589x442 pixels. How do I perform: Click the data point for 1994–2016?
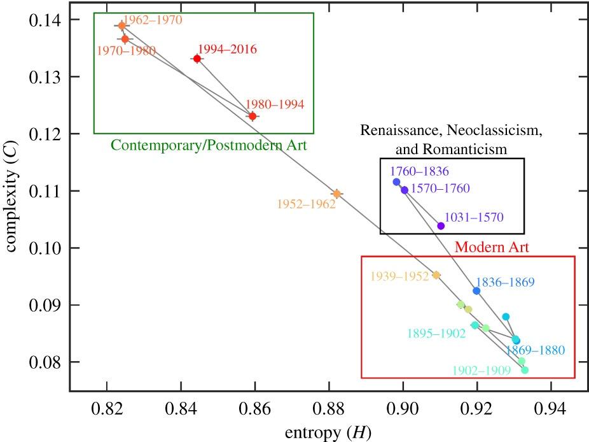pyautogui.click(x=197, y=59)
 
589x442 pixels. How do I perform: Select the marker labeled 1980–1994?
pyautogui.click(x=253, y=116)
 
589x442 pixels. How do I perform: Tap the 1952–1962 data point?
pyautogui.click(x=337, y=194)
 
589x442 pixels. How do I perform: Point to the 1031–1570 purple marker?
pyautogui.click(x=441, y=225)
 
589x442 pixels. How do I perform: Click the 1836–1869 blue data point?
pyautogui.click(x=476, y=290)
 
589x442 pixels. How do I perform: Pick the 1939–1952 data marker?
pyautogui.click(x=436, y=275)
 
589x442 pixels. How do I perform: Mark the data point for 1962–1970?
pyautogui.click(x=121, y=26)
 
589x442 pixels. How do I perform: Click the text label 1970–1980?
pyautogui.click(x=126, y=51)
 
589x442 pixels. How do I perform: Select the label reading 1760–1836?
pyautogui.click(x=420, y=171)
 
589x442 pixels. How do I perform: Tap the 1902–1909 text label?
pyautogui.click(x=482, y=369)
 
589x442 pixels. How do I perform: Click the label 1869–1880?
pyautogui.click(x=535, y=350)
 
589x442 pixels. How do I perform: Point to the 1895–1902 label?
pyautogui.click(x=436, y=334)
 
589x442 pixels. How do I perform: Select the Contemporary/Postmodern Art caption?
pyautogui.click(x=209, y=146)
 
